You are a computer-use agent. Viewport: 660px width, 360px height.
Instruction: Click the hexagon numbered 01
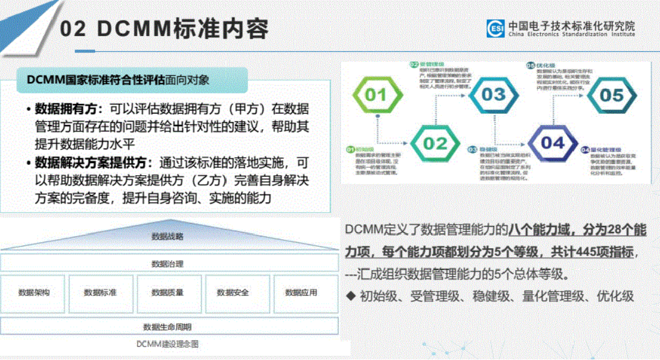[x=375, y=95]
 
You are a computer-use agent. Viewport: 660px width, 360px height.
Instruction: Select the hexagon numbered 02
[x=434, y=144]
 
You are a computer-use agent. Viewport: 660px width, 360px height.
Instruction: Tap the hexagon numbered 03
[x=493, y=95]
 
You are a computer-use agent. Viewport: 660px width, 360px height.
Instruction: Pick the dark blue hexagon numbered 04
[x=552, y=143]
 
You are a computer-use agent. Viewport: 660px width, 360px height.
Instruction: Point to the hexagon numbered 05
[x=611, y=95]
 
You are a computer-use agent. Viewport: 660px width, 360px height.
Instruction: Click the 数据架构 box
[x=34, y=293]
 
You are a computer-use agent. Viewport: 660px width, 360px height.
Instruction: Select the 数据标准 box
[x=100, y=293]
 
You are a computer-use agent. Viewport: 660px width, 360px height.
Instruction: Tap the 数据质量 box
[x=167, y=293]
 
